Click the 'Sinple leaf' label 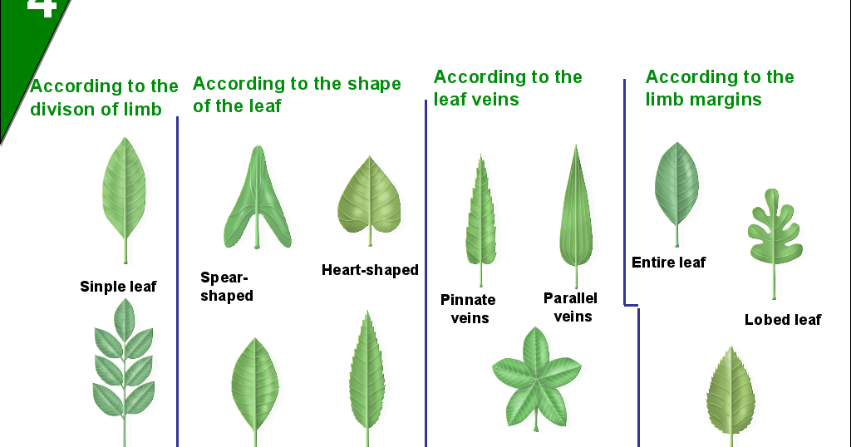[118, 287]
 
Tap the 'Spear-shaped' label [226, 287]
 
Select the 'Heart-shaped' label [370, 270]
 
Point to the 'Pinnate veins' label [468, 308]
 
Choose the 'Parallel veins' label [571, 307]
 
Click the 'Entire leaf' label [668, 263]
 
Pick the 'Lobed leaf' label [782, 319]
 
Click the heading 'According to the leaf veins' [508, 88]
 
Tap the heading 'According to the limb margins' [720, 88]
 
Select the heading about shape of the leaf [297, 95]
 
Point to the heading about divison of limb [104, 97]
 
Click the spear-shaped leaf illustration [258, 199]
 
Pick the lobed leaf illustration [774, 233]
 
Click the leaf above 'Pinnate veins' [480, 216]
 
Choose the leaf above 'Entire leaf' [676, 187]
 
